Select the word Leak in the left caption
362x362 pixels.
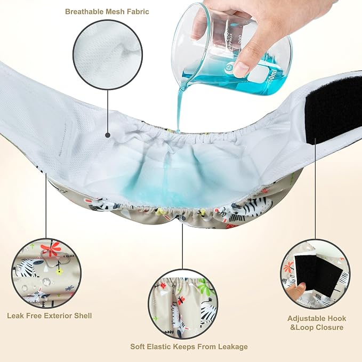click(x=15, y=316)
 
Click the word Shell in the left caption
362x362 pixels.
click(x=83, y=316)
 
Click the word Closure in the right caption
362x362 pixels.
click(x=329, y=327)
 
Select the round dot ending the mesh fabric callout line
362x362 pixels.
click(x=108, y=135)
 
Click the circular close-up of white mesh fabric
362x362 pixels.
click(x=108, y=54)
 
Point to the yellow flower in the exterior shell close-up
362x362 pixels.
click(x=60, y=272)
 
